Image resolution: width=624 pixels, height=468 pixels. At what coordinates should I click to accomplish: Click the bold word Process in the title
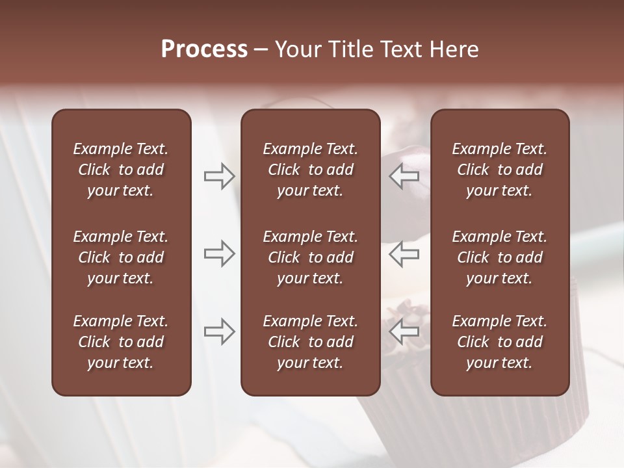click(x=204, y=49)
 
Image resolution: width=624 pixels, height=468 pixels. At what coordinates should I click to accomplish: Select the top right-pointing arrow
click(x=219, y=175)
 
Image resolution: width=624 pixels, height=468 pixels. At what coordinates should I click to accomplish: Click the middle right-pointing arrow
click(x=219, y=253)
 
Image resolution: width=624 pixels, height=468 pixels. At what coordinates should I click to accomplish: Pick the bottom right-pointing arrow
click(x=219, y=331)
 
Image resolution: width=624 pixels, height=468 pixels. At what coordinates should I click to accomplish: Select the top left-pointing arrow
click(x=404, y=175)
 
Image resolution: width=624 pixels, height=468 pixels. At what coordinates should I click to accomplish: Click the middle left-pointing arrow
click(x=404, y=253)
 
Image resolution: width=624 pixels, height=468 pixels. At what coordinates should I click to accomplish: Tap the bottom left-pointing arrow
click(x=404, y=331)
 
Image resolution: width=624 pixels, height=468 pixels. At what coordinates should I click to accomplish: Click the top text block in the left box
click(x=121, y=170)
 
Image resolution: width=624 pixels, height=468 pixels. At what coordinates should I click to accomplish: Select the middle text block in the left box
click(x=121, y=257)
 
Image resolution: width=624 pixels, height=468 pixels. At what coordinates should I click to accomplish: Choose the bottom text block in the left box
click(x=121, y=342)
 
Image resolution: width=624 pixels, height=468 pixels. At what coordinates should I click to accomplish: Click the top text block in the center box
click(x=311, y=170)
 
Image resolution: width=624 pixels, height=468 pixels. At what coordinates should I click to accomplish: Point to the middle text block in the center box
click(x=311, y=257)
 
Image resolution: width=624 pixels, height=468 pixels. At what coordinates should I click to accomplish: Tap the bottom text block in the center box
click(x=311, y=342)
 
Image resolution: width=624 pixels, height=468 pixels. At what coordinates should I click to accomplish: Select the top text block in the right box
click(x=500, y=170)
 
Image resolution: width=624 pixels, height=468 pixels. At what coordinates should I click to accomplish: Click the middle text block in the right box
click(x=500, y=257)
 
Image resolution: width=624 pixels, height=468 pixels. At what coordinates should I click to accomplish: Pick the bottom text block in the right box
click(x=500, y=342)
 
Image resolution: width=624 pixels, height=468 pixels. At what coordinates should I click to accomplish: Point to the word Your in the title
click(x=296, y=49)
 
